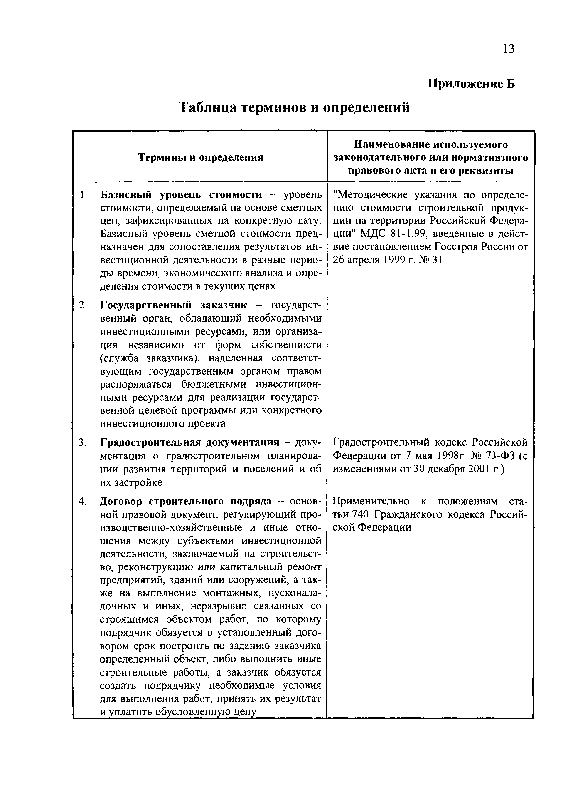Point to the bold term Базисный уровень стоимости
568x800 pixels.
[181, 195]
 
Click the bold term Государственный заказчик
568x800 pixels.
[174, 305]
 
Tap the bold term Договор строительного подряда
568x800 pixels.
[185, 501]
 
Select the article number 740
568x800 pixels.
[360, 515]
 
